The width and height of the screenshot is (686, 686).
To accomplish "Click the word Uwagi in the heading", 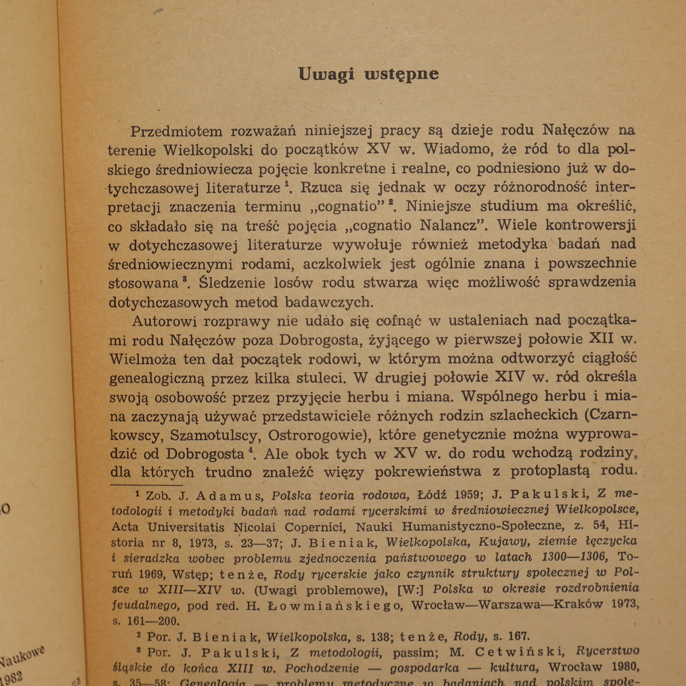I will (x=326, y=74).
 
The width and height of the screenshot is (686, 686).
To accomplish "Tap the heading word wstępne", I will (x=402, y=74).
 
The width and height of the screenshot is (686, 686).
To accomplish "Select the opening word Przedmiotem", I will (x=176, y=131).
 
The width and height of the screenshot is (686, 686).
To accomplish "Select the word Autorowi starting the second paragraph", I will (x=164, y=321).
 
